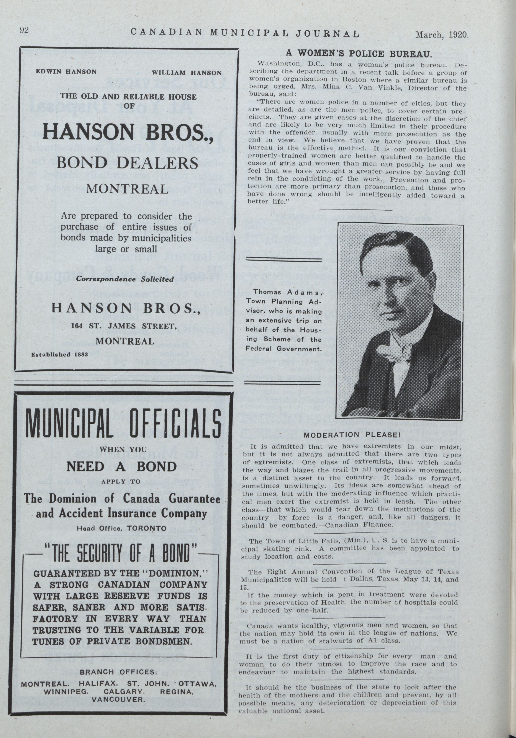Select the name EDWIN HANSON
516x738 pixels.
[x=66, y=72]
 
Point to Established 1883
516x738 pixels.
[x=55, y=355]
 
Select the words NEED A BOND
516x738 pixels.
[x=121, y=466]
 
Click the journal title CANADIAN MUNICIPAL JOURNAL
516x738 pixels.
[x=245, y=33]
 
